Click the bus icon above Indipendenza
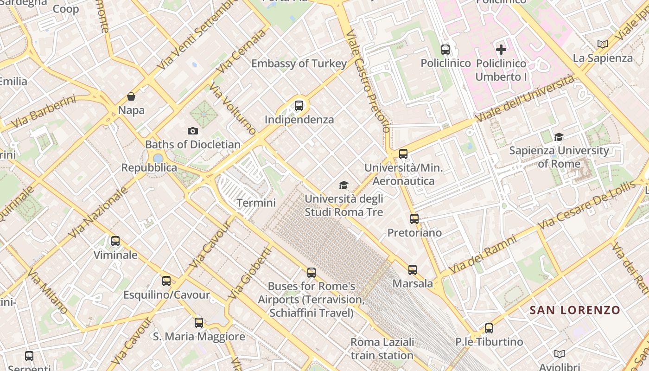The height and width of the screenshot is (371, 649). [299, 106]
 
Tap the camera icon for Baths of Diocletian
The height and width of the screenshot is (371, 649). [193, 131]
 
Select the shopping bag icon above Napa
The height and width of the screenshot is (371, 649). [131, 96]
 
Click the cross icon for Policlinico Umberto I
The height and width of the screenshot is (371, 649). [501, 49]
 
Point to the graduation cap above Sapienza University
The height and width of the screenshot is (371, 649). [559, 137]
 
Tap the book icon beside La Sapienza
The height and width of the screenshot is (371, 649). [602, 44]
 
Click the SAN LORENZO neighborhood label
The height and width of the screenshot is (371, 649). [575, 310]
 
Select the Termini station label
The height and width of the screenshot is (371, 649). [256, 203]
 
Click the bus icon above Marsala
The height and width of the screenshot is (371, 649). [413, 269]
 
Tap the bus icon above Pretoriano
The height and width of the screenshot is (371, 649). [414, 218]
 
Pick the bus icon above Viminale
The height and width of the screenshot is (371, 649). [115, 241]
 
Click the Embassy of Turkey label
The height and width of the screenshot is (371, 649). [299, 64]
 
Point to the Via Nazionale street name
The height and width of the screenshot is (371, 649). [98, 213]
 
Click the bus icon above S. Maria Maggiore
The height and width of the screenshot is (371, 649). [199, 322]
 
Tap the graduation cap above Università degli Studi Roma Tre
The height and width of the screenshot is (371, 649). [344, 185]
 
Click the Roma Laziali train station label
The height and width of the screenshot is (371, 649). [382, 349]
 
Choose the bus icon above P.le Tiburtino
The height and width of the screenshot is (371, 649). [489, 328]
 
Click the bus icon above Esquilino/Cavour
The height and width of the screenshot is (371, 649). [166, 281]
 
